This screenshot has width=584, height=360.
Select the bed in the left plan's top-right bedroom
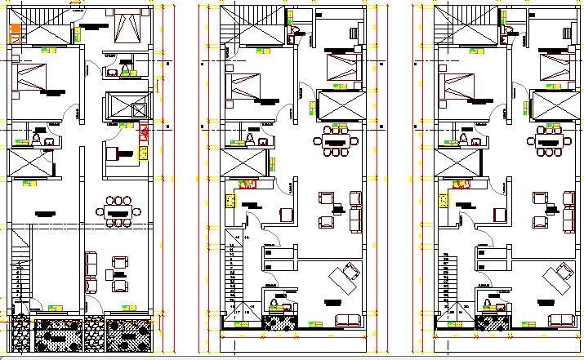[127, 27]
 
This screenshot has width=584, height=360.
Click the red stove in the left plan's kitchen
[143, 132]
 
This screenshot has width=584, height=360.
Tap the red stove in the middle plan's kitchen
[247, 184]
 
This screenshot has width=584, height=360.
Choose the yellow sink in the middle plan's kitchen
[232, 198]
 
